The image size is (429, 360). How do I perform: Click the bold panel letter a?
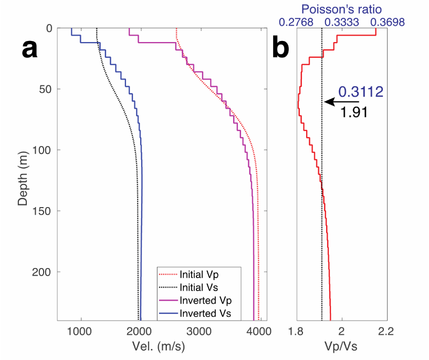tap(29, 50)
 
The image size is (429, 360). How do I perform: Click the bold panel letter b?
tap(280, 49)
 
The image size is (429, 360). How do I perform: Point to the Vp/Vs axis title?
tap(342, 347)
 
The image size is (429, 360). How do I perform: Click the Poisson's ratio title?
tap(342, 9)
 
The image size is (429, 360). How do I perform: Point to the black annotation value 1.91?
tap(352, 112)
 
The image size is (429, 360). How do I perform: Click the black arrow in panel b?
tap(341, 102)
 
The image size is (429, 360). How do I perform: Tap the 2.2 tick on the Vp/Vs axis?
tap(386, 331)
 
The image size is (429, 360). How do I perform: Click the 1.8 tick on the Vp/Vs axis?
tap(297, 331)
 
